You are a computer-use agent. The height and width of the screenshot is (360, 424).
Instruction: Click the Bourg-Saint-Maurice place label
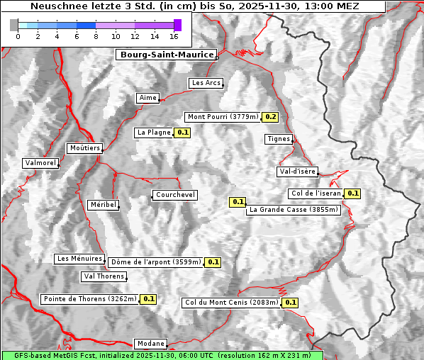pos(166,54)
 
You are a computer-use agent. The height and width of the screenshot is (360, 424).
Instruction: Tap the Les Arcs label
pos(206,83)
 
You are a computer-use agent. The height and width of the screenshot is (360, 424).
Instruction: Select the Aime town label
pos(148,98)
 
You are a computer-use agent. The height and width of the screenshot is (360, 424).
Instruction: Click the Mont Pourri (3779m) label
pos(223,117)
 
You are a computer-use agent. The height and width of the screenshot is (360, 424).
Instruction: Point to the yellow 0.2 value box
pos(270,117)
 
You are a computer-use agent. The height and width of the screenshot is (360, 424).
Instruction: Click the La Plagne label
pos(153,133)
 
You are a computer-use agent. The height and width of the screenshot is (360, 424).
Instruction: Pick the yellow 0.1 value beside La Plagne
pos(183,133)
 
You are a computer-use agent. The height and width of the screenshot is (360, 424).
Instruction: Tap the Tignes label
pos(279,139)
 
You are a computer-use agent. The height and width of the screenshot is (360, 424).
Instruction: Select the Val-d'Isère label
pos(297,171)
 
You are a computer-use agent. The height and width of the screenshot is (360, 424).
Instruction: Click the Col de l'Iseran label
pos(316,193)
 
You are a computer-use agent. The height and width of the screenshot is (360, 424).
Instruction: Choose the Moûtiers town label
pos(84,148)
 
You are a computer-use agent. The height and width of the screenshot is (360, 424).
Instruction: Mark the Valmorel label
pos(40,163)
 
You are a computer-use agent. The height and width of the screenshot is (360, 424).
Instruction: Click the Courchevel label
pos(174,195)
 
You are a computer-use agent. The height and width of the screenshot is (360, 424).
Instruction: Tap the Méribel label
pos(103,205)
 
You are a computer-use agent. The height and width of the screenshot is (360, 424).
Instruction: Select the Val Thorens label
pos(104,276)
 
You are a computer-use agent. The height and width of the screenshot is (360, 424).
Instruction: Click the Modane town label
pos(151,344)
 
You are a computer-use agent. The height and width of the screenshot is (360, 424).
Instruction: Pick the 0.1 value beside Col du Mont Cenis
pos(290,303)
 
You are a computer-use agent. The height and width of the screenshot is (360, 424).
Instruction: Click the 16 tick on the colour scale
pos(174,36)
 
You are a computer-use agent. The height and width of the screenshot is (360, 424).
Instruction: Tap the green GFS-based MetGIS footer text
pos(162,355)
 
